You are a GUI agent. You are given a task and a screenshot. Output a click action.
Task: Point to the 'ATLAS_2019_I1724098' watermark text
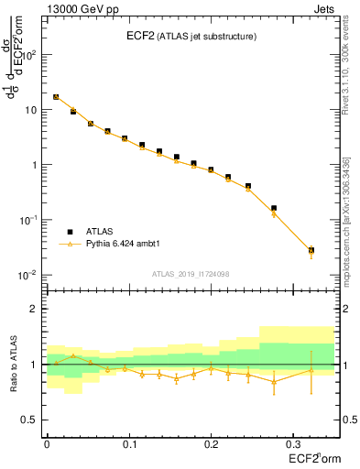191,273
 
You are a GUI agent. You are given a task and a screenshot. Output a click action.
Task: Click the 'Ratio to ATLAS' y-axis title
12,364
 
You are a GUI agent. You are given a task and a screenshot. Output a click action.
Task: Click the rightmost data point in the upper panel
311,250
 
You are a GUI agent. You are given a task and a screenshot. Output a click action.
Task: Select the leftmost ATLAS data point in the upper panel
56,96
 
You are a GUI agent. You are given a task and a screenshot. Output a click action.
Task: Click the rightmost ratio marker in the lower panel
311,370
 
